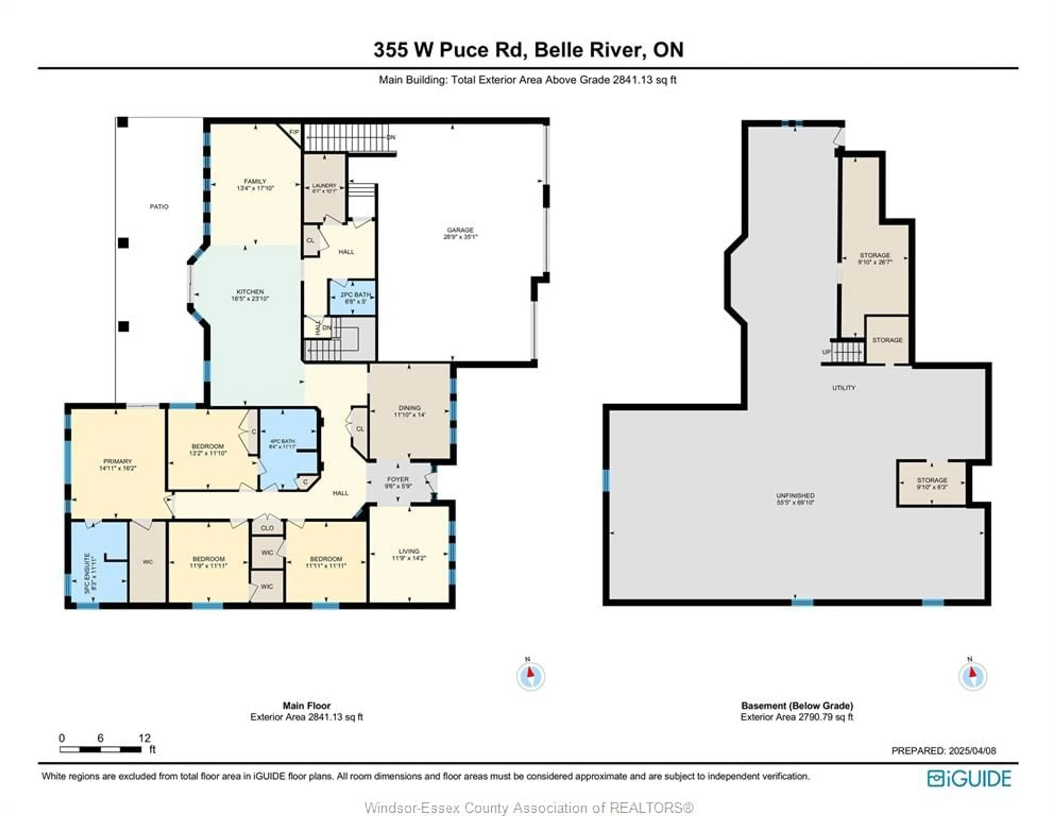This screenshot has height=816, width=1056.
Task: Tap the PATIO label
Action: (159, 207)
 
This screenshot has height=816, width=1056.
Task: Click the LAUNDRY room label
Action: (324, 186)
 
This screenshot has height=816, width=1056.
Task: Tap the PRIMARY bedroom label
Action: (117, 461)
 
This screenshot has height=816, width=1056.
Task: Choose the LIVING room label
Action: (409, 551)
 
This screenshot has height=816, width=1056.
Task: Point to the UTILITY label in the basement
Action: (844, 388)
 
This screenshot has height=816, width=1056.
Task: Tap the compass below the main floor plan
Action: (530, 676)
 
